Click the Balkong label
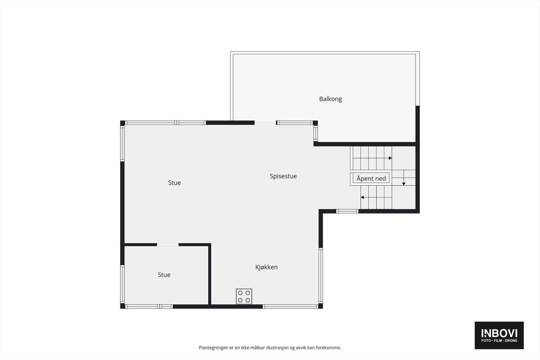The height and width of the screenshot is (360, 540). tap(330, 99)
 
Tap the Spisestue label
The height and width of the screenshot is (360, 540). tap(283, 176)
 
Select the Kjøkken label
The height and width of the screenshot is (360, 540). tap(266, 267)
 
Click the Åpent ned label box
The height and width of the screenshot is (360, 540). tap(371, 178)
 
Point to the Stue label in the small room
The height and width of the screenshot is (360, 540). tap(164, 275)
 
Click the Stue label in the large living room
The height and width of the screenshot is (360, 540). tap(174, 183)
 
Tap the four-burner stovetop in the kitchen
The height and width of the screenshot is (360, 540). tap(244, 296)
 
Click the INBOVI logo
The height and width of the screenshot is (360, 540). tap(499, 333)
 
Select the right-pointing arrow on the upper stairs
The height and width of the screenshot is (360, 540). tap(390, 158)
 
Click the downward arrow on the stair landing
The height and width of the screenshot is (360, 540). tap(404, 184)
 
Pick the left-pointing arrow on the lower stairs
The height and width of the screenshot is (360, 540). tap(362, 197)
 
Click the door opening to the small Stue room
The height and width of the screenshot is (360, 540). tap(168, 245)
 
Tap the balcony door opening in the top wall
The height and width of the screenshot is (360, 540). tap(265, 123)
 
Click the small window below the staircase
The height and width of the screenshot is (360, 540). tap(347, 212)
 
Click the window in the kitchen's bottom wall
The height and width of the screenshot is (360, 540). tap(290, 306)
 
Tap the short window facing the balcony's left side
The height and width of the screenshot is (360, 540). tap(316, 133)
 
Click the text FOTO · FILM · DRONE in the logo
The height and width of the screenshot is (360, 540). tap(499, 341)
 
